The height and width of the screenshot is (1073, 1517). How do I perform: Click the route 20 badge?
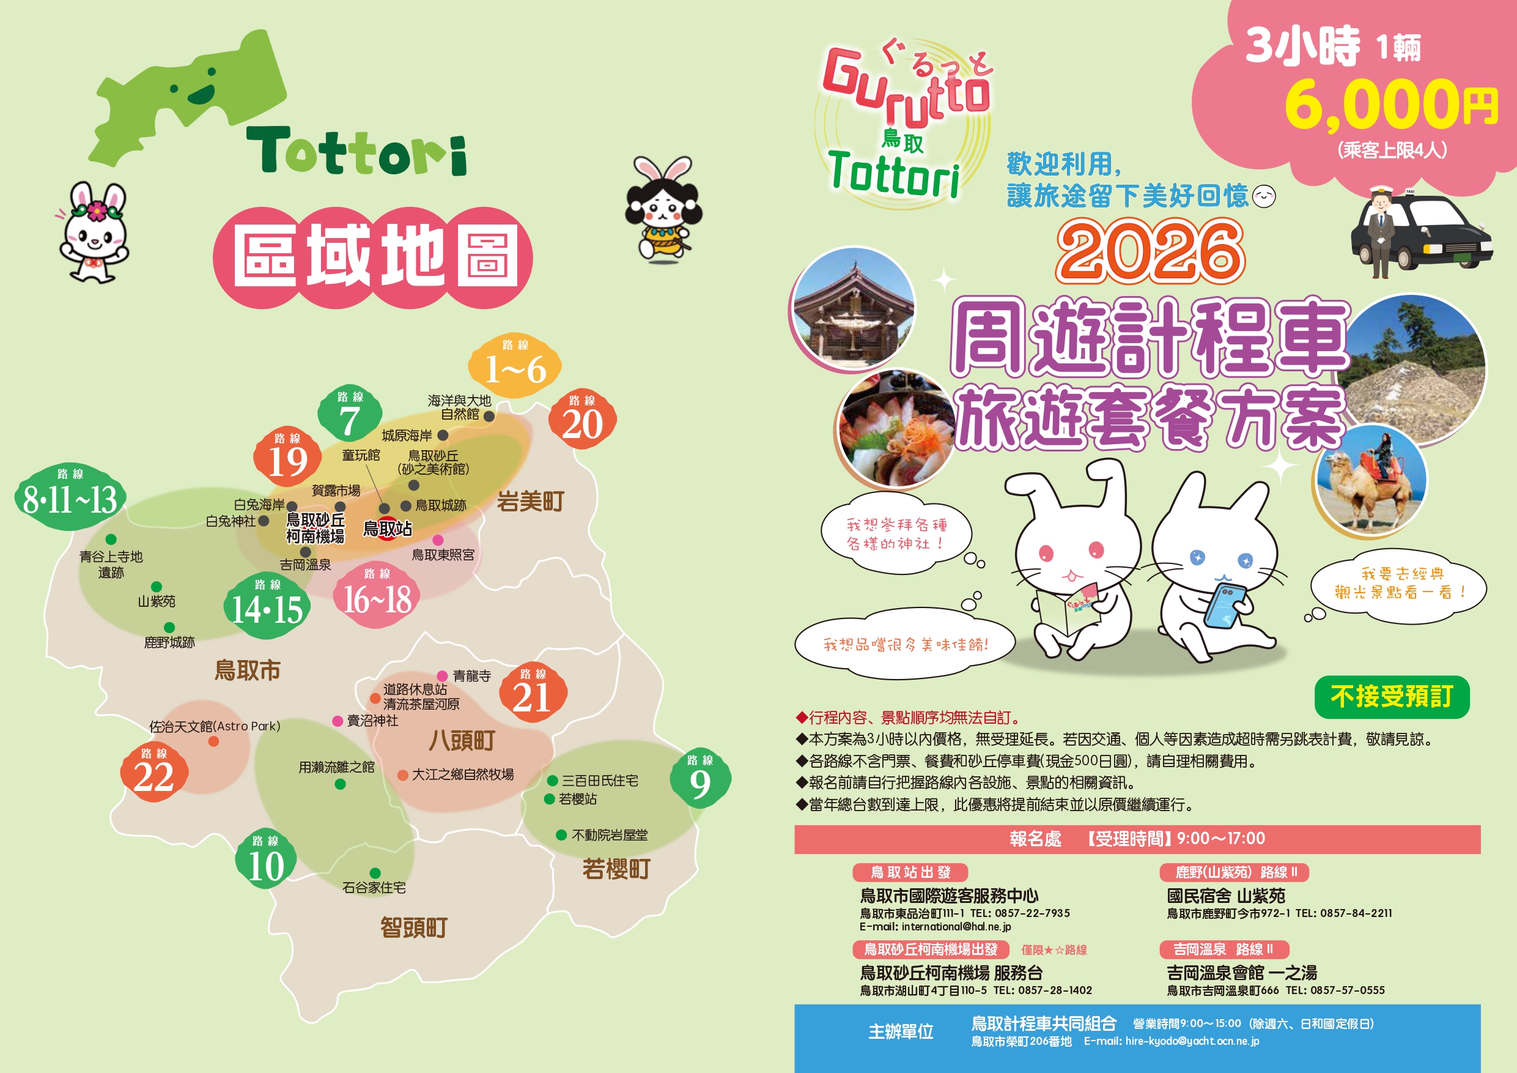(582, 419)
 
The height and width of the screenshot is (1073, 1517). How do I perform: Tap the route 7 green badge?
(350, 415)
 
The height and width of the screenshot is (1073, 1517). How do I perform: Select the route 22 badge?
(154, 772)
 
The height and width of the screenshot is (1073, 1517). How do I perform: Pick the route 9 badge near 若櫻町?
(699, 778)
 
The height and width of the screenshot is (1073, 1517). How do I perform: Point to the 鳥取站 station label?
(388, 529)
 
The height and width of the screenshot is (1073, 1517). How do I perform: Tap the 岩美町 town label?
(531, 502)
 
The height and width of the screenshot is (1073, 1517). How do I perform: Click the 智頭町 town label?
(413, 927)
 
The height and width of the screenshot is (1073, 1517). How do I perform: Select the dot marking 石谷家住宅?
(375, 873)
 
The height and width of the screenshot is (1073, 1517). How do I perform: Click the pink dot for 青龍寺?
(442, 675)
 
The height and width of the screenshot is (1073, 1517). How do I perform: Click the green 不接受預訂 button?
(1392, 697)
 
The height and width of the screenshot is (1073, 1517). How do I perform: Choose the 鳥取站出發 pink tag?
(910, 872)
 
